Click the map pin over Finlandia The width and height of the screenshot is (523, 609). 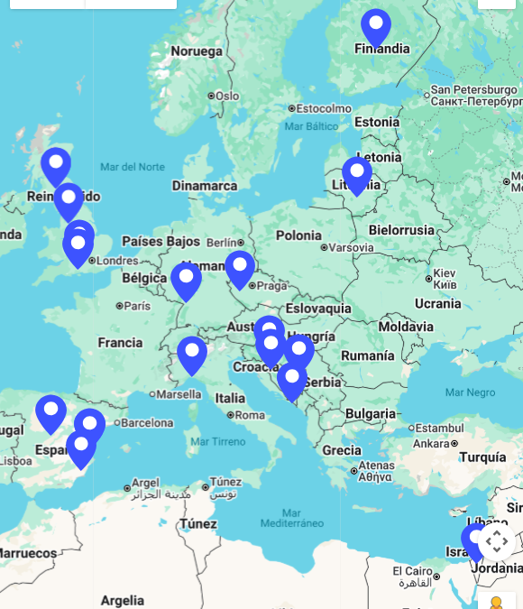[376, 27]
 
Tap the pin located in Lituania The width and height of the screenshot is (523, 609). [357, 175]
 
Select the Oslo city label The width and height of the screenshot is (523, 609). [226, 96]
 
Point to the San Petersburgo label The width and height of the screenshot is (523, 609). [473, 90]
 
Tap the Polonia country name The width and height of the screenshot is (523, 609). [298, 235]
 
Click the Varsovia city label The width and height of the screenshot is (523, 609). [351, 247]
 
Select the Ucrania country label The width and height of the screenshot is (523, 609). [438, 303]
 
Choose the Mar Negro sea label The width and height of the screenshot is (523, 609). [469, 392]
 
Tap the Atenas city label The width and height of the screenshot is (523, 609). [375, 466]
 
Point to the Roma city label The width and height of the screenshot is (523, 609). [249, 416]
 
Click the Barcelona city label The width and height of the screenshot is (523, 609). [146, 422]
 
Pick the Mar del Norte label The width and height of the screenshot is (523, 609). [133, 167]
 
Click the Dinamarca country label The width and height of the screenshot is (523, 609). [205, 186]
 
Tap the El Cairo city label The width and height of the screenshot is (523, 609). [414, 571]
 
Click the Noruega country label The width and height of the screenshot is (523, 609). [197, 51]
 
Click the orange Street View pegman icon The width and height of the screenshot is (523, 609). [495, 602]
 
